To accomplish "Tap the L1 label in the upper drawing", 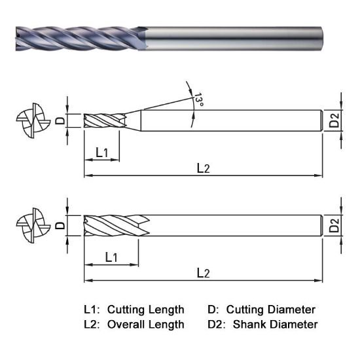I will point(103,152).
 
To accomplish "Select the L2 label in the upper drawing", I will point(204,168).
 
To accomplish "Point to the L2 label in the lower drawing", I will point(204,272).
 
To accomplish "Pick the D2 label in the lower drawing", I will point(334,226).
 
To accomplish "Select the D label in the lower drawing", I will point(59,226).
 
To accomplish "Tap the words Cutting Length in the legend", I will point(145,310).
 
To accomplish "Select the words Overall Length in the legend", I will point(145,324).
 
